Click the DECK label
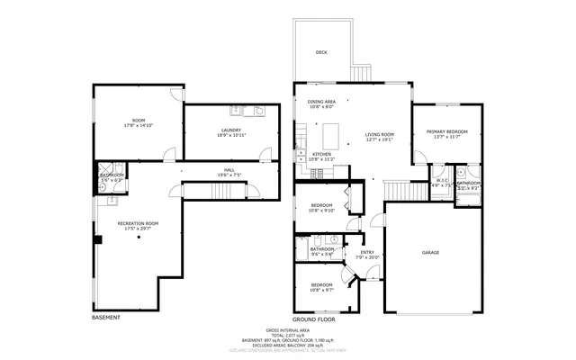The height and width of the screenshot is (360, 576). tap(321, 53)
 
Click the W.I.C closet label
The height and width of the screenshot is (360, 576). tap(442, 180)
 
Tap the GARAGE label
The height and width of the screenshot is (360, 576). tap(430, 253)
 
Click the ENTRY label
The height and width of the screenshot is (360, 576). tap(367, 253)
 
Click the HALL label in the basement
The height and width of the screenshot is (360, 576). tap(229, 169)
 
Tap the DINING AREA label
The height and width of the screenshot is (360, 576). tap(321, 102)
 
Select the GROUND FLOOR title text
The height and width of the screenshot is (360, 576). tap(313, 319)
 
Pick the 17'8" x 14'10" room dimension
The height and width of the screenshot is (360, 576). tap(138, 125)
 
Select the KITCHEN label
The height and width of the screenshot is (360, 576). tap(321, 154)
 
